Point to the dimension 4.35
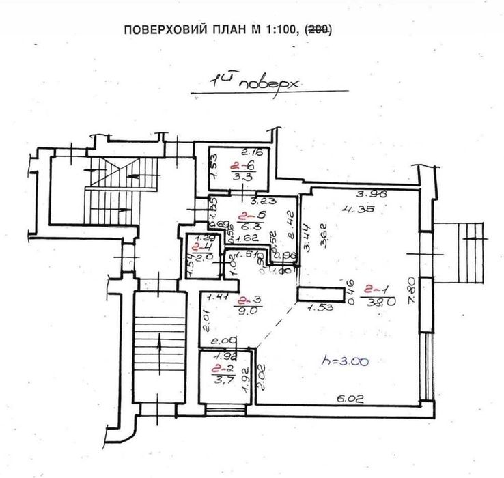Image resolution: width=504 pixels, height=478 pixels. point(369,209)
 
